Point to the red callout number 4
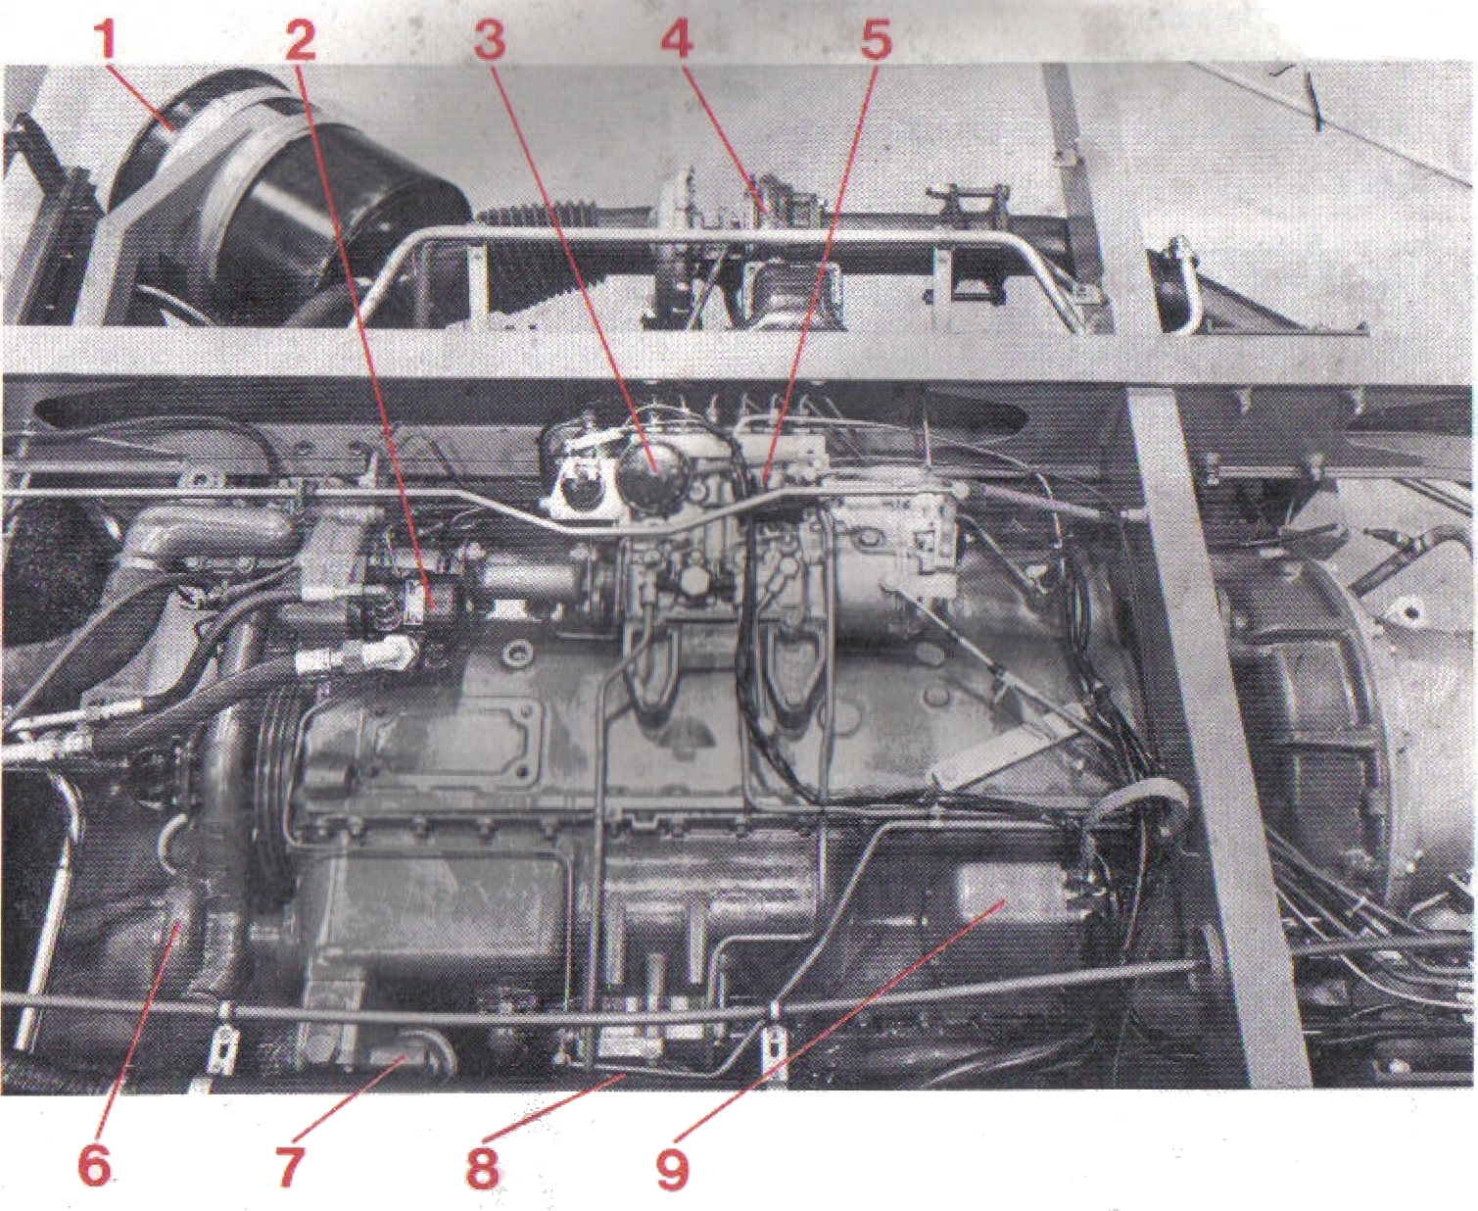pyautogui.click(x=677, y=38)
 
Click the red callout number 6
pyautogui.click(x=95, y=1165)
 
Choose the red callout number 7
pyautogui.click(x=289, y=1165)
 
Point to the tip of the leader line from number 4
pyautogui.click(x=764, y=208)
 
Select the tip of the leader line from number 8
pyautogui.click(x=624, y=1075)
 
